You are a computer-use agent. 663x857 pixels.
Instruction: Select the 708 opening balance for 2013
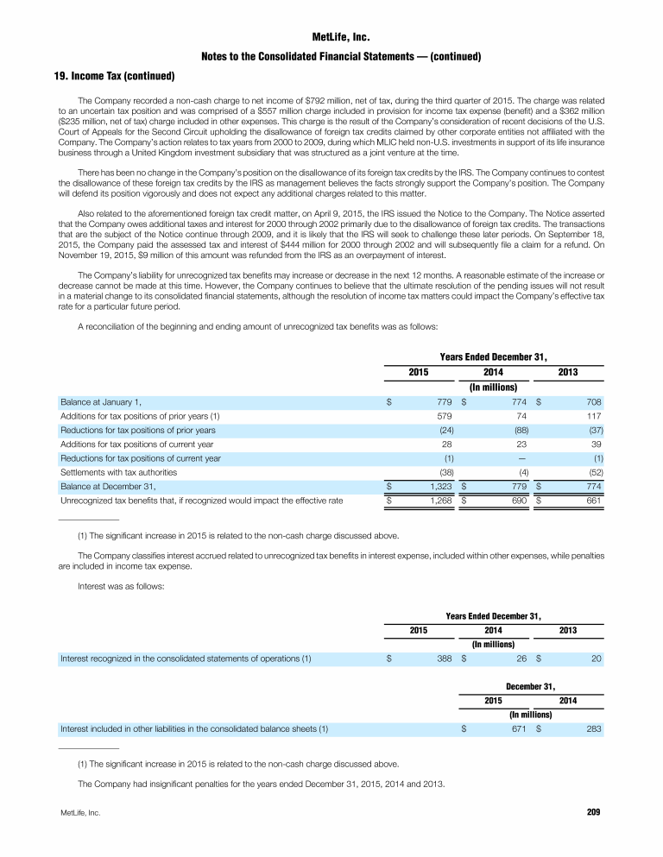[591, 402]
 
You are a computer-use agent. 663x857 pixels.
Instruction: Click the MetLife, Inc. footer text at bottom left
[79, 813]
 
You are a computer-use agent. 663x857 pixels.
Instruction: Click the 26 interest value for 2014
[523, 659]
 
